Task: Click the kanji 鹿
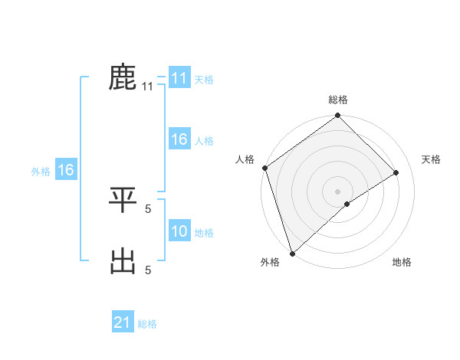(x=123, y=77)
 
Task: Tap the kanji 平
(x=123, y=200)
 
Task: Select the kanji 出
(x=123, y=261)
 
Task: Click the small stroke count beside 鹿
(x=148, y=87)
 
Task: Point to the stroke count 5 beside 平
(x=148, y=207)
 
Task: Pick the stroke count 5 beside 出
(x=148, y=269)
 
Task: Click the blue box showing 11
(x=179, y=78)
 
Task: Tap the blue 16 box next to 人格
(x=179, y=139)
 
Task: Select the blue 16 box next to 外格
(x=66, y=170)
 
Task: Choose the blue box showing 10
(x=179, y=231)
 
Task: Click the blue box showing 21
(x=123, y=322)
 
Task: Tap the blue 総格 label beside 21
(x=147, y=324)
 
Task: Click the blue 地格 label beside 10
(x=204, y=233)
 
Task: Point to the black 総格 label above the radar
(x=338, y=100)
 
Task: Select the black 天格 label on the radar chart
(x=432, y=159)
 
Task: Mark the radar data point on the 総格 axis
(x=338, y=116)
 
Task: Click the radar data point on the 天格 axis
(x=396, y=172)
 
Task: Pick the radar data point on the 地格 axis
(x=347, y=204)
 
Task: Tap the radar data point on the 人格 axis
(x=264, y=168)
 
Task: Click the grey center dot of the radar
(x=338, y=191)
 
